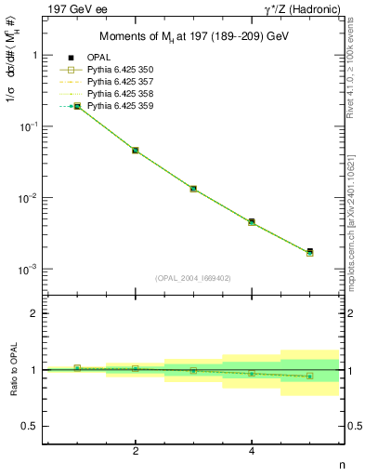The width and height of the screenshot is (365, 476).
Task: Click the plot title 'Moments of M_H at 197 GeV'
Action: pyautogui.click(x=193, y=37)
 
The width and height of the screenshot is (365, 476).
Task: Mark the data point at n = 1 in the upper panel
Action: pyautogui.click(x=77, y=106)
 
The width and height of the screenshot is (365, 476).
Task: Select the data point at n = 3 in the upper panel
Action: pyautogui.click(x=193, y=189)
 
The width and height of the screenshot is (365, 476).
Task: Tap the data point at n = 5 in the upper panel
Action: pyautogui.click(x=310, y=252)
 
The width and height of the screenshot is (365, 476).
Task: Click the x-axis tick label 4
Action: pyautogui.click(x=252, y=451)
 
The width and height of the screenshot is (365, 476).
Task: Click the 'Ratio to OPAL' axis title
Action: pyautogui.click(x=10, y=370)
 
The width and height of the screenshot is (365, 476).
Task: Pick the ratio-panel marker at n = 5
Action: pyautogui.click(x=310, y=377)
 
